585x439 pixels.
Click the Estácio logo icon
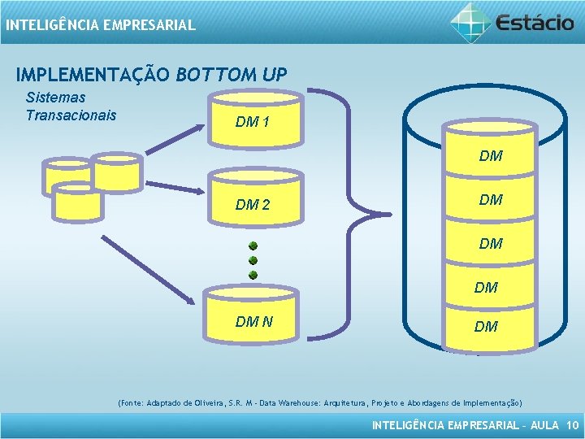[x=471, y=22]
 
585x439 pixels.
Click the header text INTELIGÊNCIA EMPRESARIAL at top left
[x=100, y=25]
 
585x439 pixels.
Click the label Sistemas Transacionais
[x=71, y=106]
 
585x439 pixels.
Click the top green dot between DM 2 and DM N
[x=253, y=246]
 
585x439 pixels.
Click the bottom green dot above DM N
[x=253, y=275]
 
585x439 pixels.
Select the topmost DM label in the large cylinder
[x=491, y=155]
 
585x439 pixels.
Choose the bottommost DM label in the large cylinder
[x=486, y=327]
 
